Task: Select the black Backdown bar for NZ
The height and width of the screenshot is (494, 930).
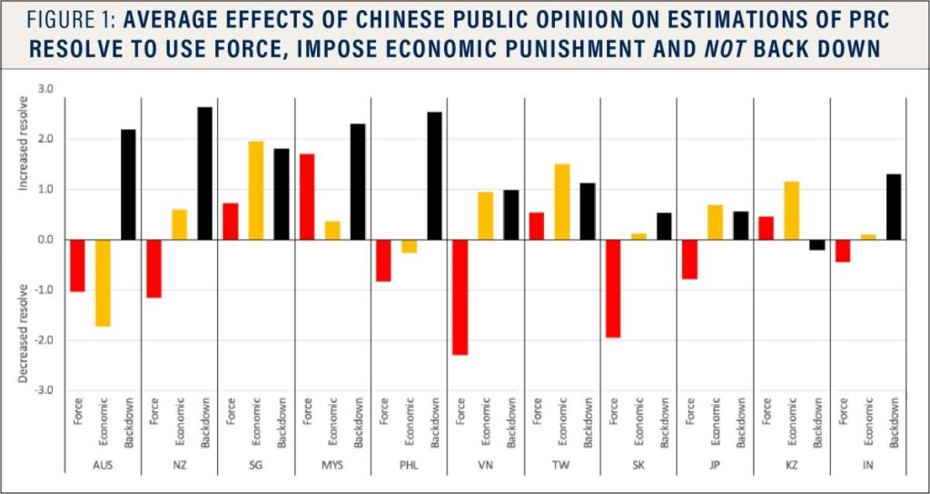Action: (x=205, y=173)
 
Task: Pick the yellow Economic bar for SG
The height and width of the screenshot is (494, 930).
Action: (x=256, y=191)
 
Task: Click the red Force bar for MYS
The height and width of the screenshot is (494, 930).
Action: (x=307, y=196)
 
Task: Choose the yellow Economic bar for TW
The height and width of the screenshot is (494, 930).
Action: (x=563, y=202)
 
